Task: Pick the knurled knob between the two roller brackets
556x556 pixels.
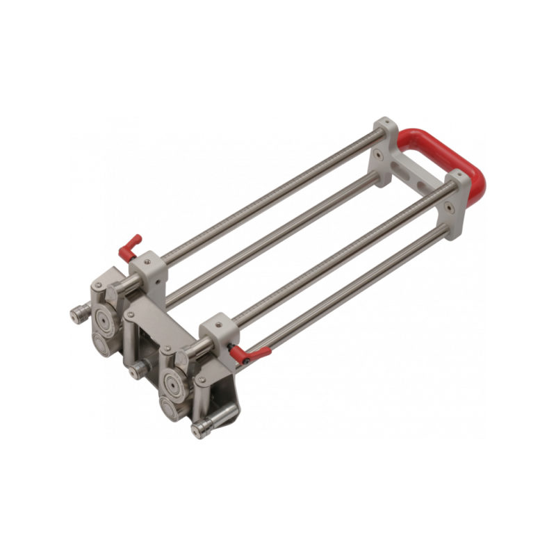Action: click(x=137, y=369)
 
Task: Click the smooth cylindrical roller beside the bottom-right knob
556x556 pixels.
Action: click(x=224, y=416)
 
